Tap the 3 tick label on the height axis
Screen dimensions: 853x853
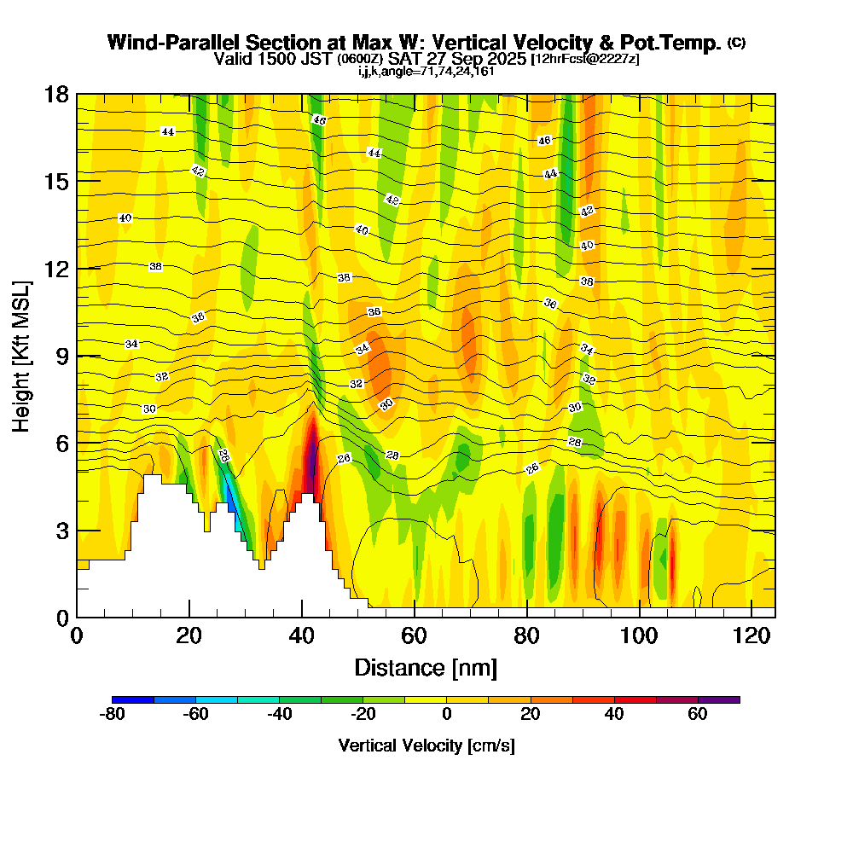61,531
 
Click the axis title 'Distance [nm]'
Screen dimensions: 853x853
426,667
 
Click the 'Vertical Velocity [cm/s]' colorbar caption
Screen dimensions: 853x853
426,746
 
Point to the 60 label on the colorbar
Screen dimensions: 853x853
698,715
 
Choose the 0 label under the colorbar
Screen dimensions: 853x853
446,715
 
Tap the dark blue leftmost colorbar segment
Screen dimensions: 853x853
132,699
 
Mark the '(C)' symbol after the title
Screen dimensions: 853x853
736,42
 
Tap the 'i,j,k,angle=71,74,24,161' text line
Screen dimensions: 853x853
426,71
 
